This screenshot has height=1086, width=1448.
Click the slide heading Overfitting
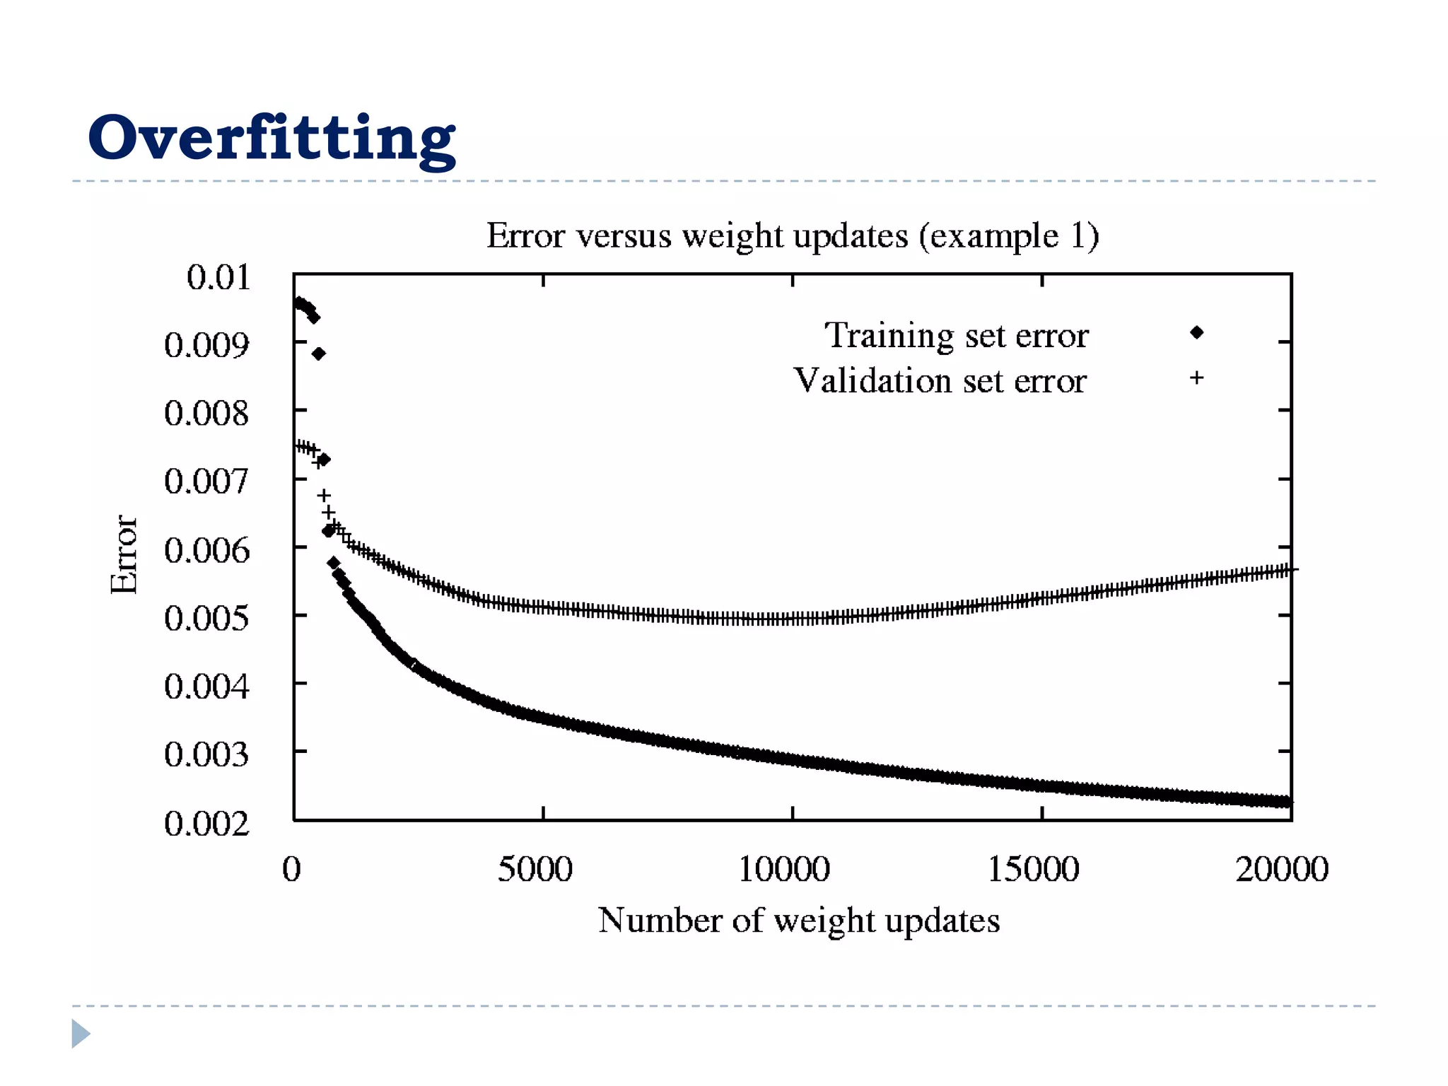pyautogui.click(x=271, y=138)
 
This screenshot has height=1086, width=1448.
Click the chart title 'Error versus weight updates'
pyautogui.click(x=792, y=235)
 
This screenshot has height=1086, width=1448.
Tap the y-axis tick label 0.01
pyautogui.click(x=218, y=276)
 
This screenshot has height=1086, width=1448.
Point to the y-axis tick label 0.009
pyautogui.click(x=206, y=345)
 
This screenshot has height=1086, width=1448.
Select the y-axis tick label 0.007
pyautogui.click(x=206, y=481)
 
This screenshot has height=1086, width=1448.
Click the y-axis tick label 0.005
pyautogui.click(x=206, y=619)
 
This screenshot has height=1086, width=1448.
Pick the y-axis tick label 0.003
pyautogui.click(x=206, y=754)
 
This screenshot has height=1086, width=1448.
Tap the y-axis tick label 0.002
pyautogui.click(x=206, y=824)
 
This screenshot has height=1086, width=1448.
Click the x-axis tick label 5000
pyautogui.click(x=535, y=869)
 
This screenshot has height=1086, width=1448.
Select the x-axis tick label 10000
pyautogui.click(x=784, y=869)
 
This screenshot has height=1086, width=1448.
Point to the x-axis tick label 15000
pyautogui.click(x=1033, y=869)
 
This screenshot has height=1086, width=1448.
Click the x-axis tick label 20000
pyautogui.click(x=1282, y=869)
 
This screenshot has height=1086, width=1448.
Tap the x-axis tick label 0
pyautogui.click(x=291, y=869)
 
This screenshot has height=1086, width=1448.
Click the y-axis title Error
pyautogui.click(x=124, y=554)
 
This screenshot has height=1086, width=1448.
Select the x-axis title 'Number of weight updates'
pyautogui.click(x=799, y=921)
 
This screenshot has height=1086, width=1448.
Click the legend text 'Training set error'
pyautogui.click(x=956, y=335)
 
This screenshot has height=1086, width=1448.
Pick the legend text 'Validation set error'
pyautogui.click(x=940, y=381)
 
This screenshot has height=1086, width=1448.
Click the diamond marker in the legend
pyautogui.click(x=1196, y=332)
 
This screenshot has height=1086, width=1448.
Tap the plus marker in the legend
pyautogui.click(x=1196, y=378)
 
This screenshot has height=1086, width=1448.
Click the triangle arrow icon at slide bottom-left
pyautogui.click(x=81, y=1034)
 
